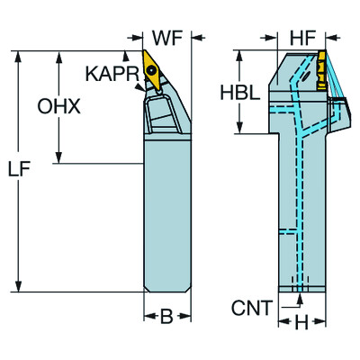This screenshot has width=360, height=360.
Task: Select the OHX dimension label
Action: [59, 106]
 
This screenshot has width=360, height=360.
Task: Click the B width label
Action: [166, 317]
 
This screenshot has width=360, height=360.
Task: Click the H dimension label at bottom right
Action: [302, 320]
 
